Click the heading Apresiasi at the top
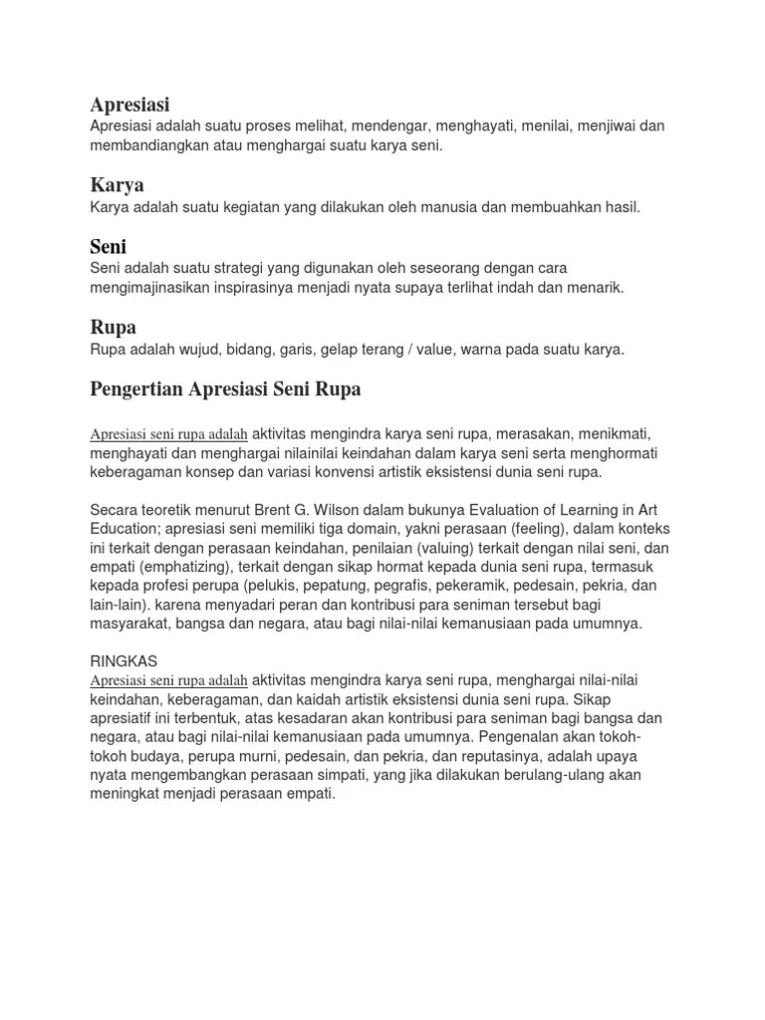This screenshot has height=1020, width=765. click(x=129, y=104)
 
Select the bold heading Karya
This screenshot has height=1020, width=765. click(x=117, y=185)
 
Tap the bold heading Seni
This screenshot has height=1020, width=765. click(x=108, y=246)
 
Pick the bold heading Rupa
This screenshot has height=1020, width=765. click(x=113, y=327)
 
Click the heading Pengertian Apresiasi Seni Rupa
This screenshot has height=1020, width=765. click(x=225, y=389)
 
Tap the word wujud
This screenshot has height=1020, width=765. click(x=190, y=349)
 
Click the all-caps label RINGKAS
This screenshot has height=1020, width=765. click(x=124, y=660)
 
